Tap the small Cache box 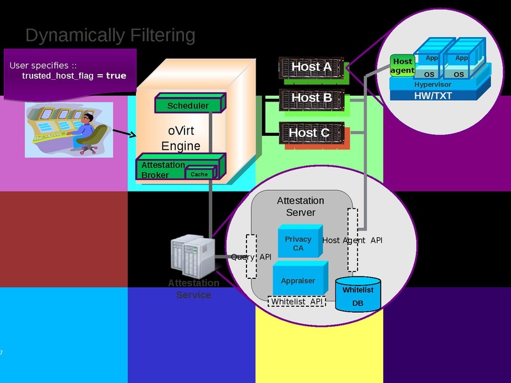(x=199, y=174)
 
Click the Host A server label (x=311, y=67)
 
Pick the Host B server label (x=311, y=98)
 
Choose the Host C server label (x=309, y=133)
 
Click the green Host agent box (x=402, y=66)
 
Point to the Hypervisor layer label (x=432, y=84)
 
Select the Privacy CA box (x=298, y=243)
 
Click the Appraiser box (x=298, y=280)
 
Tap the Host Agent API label (x=353, y=241)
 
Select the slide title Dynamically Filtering (x=110, y=35)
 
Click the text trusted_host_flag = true (x=74, y=75)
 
